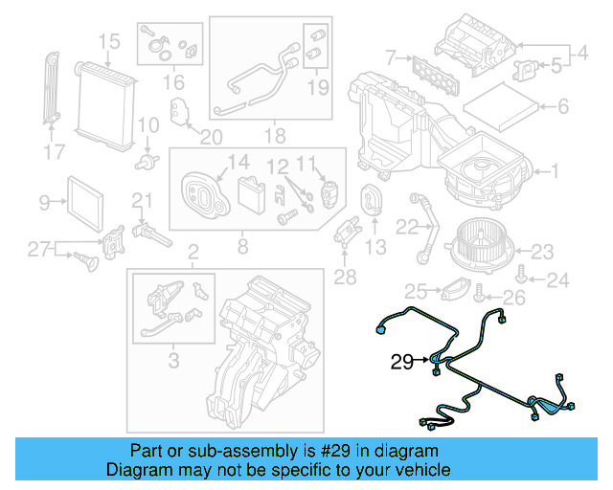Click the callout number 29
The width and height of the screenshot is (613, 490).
(402, 363)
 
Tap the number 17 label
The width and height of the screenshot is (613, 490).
(54, 150)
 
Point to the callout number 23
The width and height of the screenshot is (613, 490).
(543, 252)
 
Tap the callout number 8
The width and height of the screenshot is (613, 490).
(241, 248)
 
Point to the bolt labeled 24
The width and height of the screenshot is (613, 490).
(520, 275)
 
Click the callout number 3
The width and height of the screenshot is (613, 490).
(173, 360)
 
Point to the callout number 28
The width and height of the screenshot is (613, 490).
(345, 277)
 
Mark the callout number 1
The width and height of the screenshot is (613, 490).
(553, 172)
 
